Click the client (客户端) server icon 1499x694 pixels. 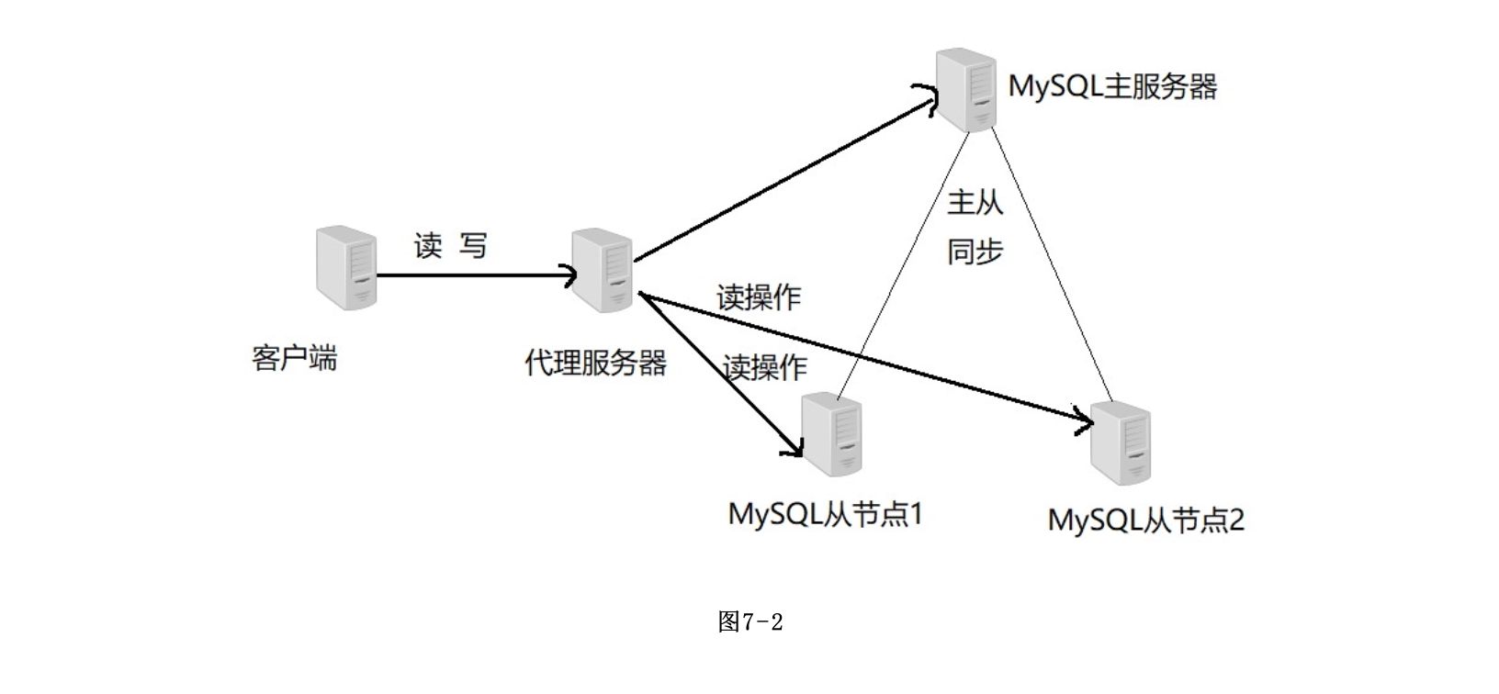coord(346,267)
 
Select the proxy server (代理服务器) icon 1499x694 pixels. coord(602,270)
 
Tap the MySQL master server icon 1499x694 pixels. coord(965,90)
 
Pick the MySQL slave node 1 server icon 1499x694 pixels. coord(832,433)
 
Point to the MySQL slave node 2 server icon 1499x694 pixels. coord(1121,442)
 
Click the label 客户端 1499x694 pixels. coord(294,357)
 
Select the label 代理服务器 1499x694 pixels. coord(595,363)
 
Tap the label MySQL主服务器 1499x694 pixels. coord(1112,87)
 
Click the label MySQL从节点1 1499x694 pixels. coord(825,513)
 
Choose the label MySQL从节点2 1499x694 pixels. coord(1145,520)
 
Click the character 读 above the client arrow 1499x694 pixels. coord(428,245)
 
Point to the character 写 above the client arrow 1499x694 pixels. coord(473,245)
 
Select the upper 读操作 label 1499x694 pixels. coord(759,297)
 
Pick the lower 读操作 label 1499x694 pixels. coord(765,367)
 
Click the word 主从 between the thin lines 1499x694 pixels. coord(975,202)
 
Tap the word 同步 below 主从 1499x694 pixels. coord(975,251)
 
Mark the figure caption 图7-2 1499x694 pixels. coord(749,622)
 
